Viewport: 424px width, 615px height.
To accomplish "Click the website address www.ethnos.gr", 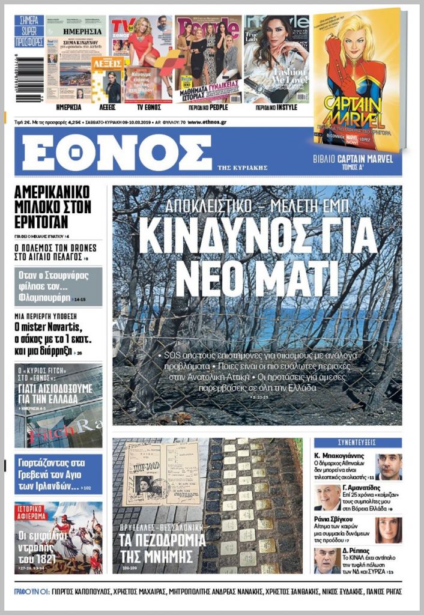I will [208, 122].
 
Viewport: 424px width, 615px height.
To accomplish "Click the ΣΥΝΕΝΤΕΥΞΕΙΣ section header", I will [358, 443].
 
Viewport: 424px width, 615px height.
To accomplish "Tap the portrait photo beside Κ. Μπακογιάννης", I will [389, 467].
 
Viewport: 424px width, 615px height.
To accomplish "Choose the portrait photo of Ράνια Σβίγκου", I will [389, 530].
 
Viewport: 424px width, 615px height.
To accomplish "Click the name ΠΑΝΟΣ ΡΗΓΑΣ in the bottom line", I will [381, 592].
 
